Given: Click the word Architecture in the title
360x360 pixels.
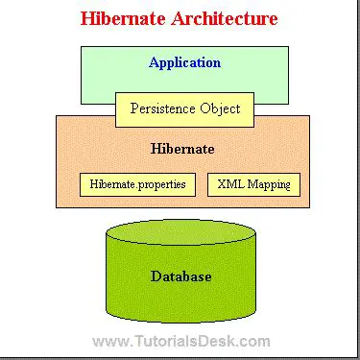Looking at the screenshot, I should tap(224, 18).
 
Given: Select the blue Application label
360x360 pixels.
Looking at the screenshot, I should tap(184, 63).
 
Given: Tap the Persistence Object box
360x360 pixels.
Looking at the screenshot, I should tap(184, 108).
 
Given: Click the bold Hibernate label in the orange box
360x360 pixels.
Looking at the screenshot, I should tap(182, 150).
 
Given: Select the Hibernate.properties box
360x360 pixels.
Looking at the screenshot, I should tap(137, 183).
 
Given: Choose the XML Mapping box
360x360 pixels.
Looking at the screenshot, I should tap(253, 183).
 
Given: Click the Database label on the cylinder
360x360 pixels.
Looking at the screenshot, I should tap(180, 276).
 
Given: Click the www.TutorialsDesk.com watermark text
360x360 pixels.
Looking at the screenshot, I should tap(180, 341).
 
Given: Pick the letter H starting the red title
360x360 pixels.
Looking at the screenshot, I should tap(87, 18).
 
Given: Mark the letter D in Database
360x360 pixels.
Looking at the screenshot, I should tap(156, 276).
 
